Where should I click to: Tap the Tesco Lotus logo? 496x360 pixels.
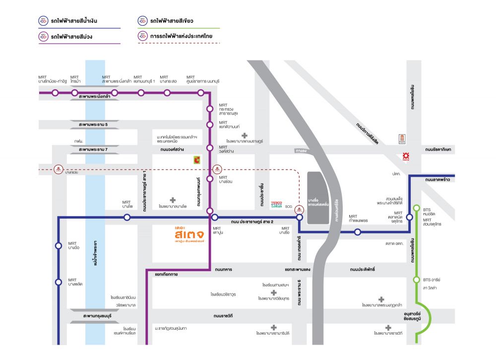coord(277,204)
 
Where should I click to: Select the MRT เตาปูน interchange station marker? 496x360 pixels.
coord(214,217)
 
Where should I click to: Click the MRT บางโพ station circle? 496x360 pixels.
coord(127,217)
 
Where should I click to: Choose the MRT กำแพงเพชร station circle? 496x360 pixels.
coord(358,232)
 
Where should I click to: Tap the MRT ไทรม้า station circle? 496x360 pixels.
coord(74,93)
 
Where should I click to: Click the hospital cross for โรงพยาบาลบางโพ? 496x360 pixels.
coord(173,200)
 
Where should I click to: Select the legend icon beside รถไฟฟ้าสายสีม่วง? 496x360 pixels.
coord(44,37)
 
